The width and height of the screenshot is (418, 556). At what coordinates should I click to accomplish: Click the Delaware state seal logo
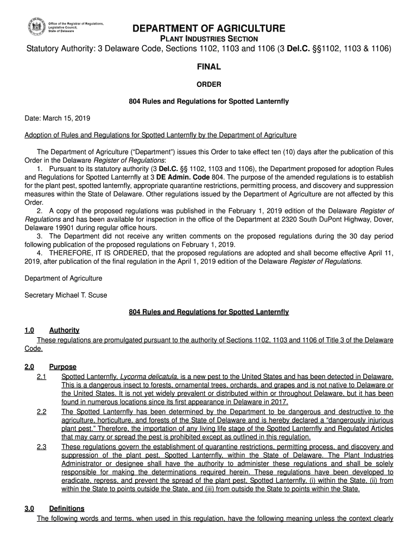pos(36,28)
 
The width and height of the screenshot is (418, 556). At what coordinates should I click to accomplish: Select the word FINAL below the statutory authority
pos(209,67)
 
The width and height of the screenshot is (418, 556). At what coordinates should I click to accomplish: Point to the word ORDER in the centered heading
pos(209,84)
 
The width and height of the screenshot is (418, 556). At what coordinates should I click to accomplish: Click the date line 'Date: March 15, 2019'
pos(58,118)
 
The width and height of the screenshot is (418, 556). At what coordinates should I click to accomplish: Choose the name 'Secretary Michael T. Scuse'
pos(66,295)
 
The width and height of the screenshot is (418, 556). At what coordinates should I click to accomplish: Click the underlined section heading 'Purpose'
pos(62,367)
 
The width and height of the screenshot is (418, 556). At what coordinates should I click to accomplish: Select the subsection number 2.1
pos(41,376)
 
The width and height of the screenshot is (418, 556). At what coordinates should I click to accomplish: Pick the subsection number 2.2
pos(41,412)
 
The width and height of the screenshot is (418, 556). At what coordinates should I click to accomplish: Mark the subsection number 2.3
pos(41,447)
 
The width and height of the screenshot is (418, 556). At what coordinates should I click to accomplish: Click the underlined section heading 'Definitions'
pos(66,509)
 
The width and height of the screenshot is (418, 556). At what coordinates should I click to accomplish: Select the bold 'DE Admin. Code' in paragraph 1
pos(180,176)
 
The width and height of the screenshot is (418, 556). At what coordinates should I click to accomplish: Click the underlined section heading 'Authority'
pos(64,330)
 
